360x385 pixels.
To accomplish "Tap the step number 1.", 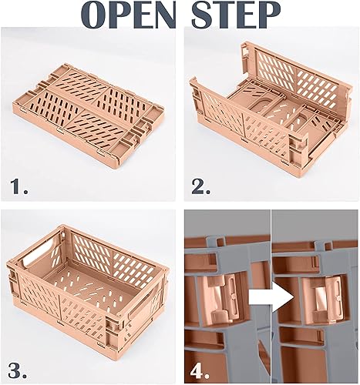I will coord(20,185).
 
